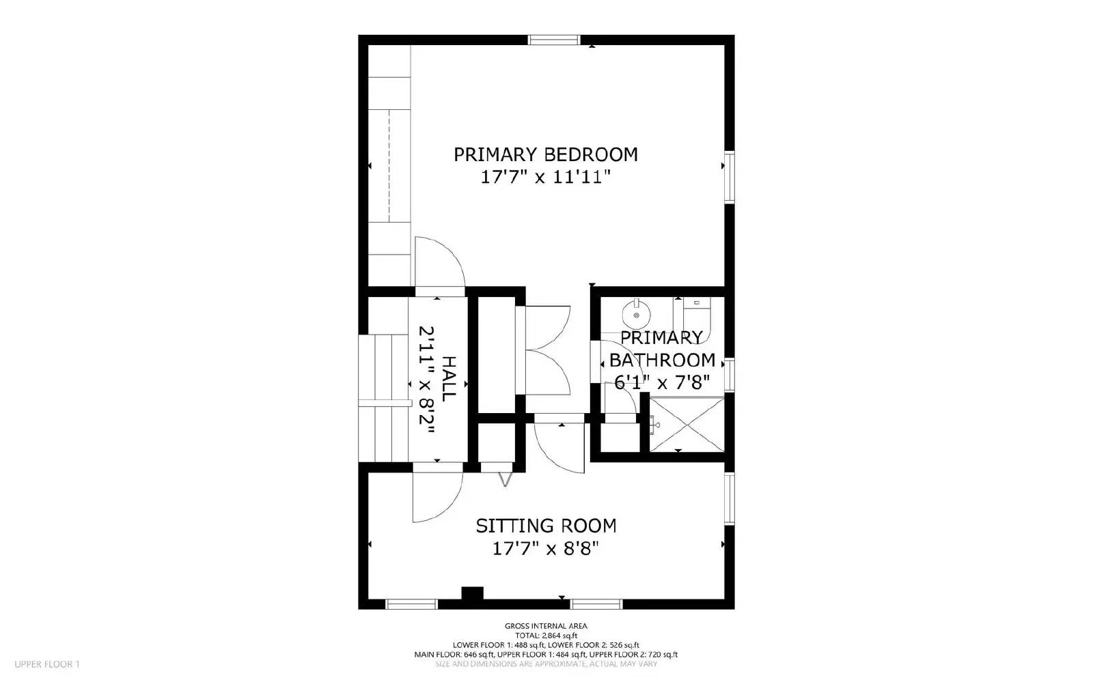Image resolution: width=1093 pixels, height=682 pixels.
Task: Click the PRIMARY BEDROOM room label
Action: coord(546,154)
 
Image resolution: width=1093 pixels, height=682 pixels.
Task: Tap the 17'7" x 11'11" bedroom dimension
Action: coord(546,176)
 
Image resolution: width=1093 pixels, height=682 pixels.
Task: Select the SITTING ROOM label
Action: coord(546,526)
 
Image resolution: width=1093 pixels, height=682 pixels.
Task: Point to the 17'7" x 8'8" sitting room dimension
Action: coord(546,549)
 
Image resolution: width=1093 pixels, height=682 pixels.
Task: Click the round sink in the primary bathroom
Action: coord(636,315)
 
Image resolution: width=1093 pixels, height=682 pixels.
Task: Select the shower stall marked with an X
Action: coord(687,425)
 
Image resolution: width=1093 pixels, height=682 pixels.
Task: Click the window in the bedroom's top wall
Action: coord(554,40)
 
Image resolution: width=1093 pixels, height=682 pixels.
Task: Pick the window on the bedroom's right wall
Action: coord(729,176)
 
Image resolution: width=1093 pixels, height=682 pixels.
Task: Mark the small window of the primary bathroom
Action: coord(729,375)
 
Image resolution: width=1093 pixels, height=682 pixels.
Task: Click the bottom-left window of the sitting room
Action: coord(411,604)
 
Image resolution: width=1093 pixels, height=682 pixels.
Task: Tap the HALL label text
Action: coord(448,379)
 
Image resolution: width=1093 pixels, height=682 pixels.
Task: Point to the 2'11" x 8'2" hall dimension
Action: coord(426,380)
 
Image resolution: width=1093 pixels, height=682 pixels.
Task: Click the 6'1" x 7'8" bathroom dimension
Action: coord(662,383)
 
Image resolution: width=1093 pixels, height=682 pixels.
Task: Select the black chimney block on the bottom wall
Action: coord(472,593)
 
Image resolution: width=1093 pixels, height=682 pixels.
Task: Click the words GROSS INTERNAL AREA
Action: coord(546,626)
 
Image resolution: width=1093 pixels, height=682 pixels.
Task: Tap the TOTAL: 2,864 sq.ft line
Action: coord(546,636)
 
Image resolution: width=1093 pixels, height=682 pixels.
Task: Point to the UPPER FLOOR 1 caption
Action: coord(47,664)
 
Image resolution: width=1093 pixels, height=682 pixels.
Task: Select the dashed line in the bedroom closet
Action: coord(389,166)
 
